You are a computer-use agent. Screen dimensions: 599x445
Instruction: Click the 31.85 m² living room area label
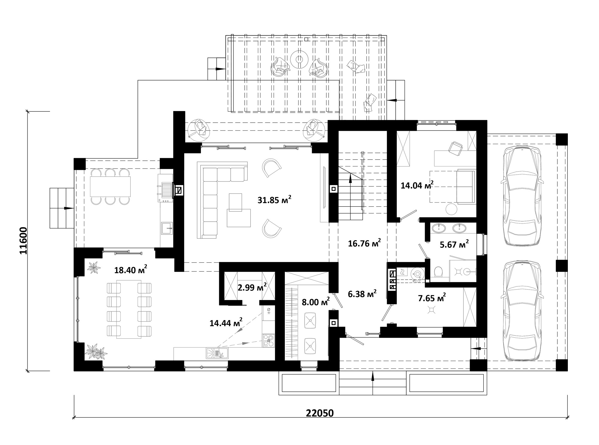point(274,200)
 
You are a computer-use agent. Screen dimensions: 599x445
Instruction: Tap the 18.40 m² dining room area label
point(131,270)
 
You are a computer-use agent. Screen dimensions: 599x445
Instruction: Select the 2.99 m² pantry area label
point(252,287)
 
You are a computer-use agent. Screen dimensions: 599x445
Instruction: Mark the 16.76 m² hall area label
point(364,243)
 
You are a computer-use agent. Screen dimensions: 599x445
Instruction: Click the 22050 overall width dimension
point(320,413)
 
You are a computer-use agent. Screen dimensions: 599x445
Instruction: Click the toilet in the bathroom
point(438,272)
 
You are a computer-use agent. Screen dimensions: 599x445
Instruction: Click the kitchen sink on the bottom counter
point(217,353)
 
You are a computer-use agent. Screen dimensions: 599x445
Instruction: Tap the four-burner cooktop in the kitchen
point(269,341)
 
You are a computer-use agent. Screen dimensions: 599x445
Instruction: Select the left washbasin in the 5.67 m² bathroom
point(439,228)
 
